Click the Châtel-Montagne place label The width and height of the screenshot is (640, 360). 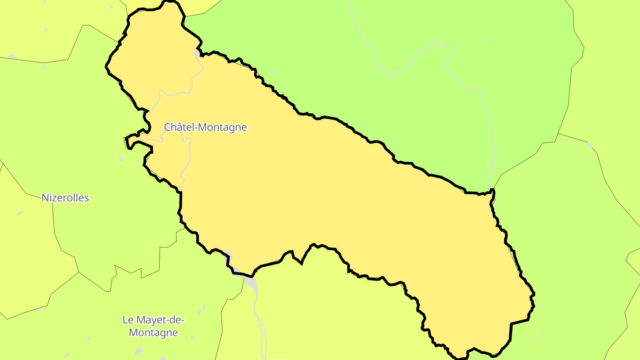pos(205,127)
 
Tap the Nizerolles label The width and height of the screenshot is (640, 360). pos(65,198)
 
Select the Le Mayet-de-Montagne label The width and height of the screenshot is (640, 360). pos(153,326)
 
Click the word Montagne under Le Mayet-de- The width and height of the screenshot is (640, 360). pos(153,332)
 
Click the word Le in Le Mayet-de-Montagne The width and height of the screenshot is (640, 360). pos(128,320)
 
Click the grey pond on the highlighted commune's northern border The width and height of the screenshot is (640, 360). pos(197,55)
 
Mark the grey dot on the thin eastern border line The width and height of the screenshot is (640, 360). pos(590,145)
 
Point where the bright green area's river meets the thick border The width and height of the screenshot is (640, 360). pos(492,190)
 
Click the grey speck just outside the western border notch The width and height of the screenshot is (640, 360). pos(121,159)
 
